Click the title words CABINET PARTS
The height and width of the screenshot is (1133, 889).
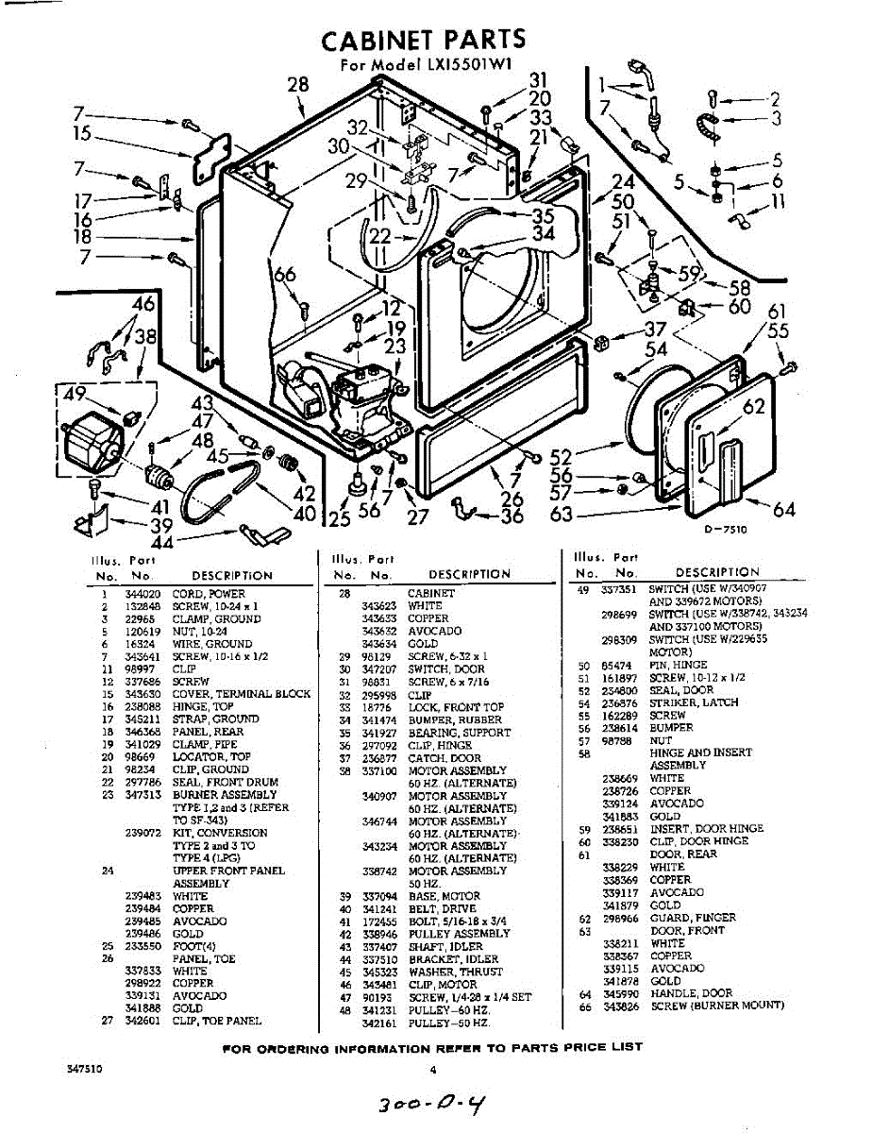423,40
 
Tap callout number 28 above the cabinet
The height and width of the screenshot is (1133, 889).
298,86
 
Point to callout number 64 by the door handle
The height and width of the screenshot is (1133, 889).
783,510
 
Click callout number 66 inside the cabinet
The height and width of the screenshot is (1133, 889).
285,275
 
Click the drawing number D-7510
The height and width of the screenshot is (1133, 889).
725,531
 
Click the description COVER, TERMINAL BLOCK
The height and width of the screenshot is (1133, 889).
241,694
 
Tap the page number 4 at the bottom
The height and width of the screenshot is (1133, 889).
433,1070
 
